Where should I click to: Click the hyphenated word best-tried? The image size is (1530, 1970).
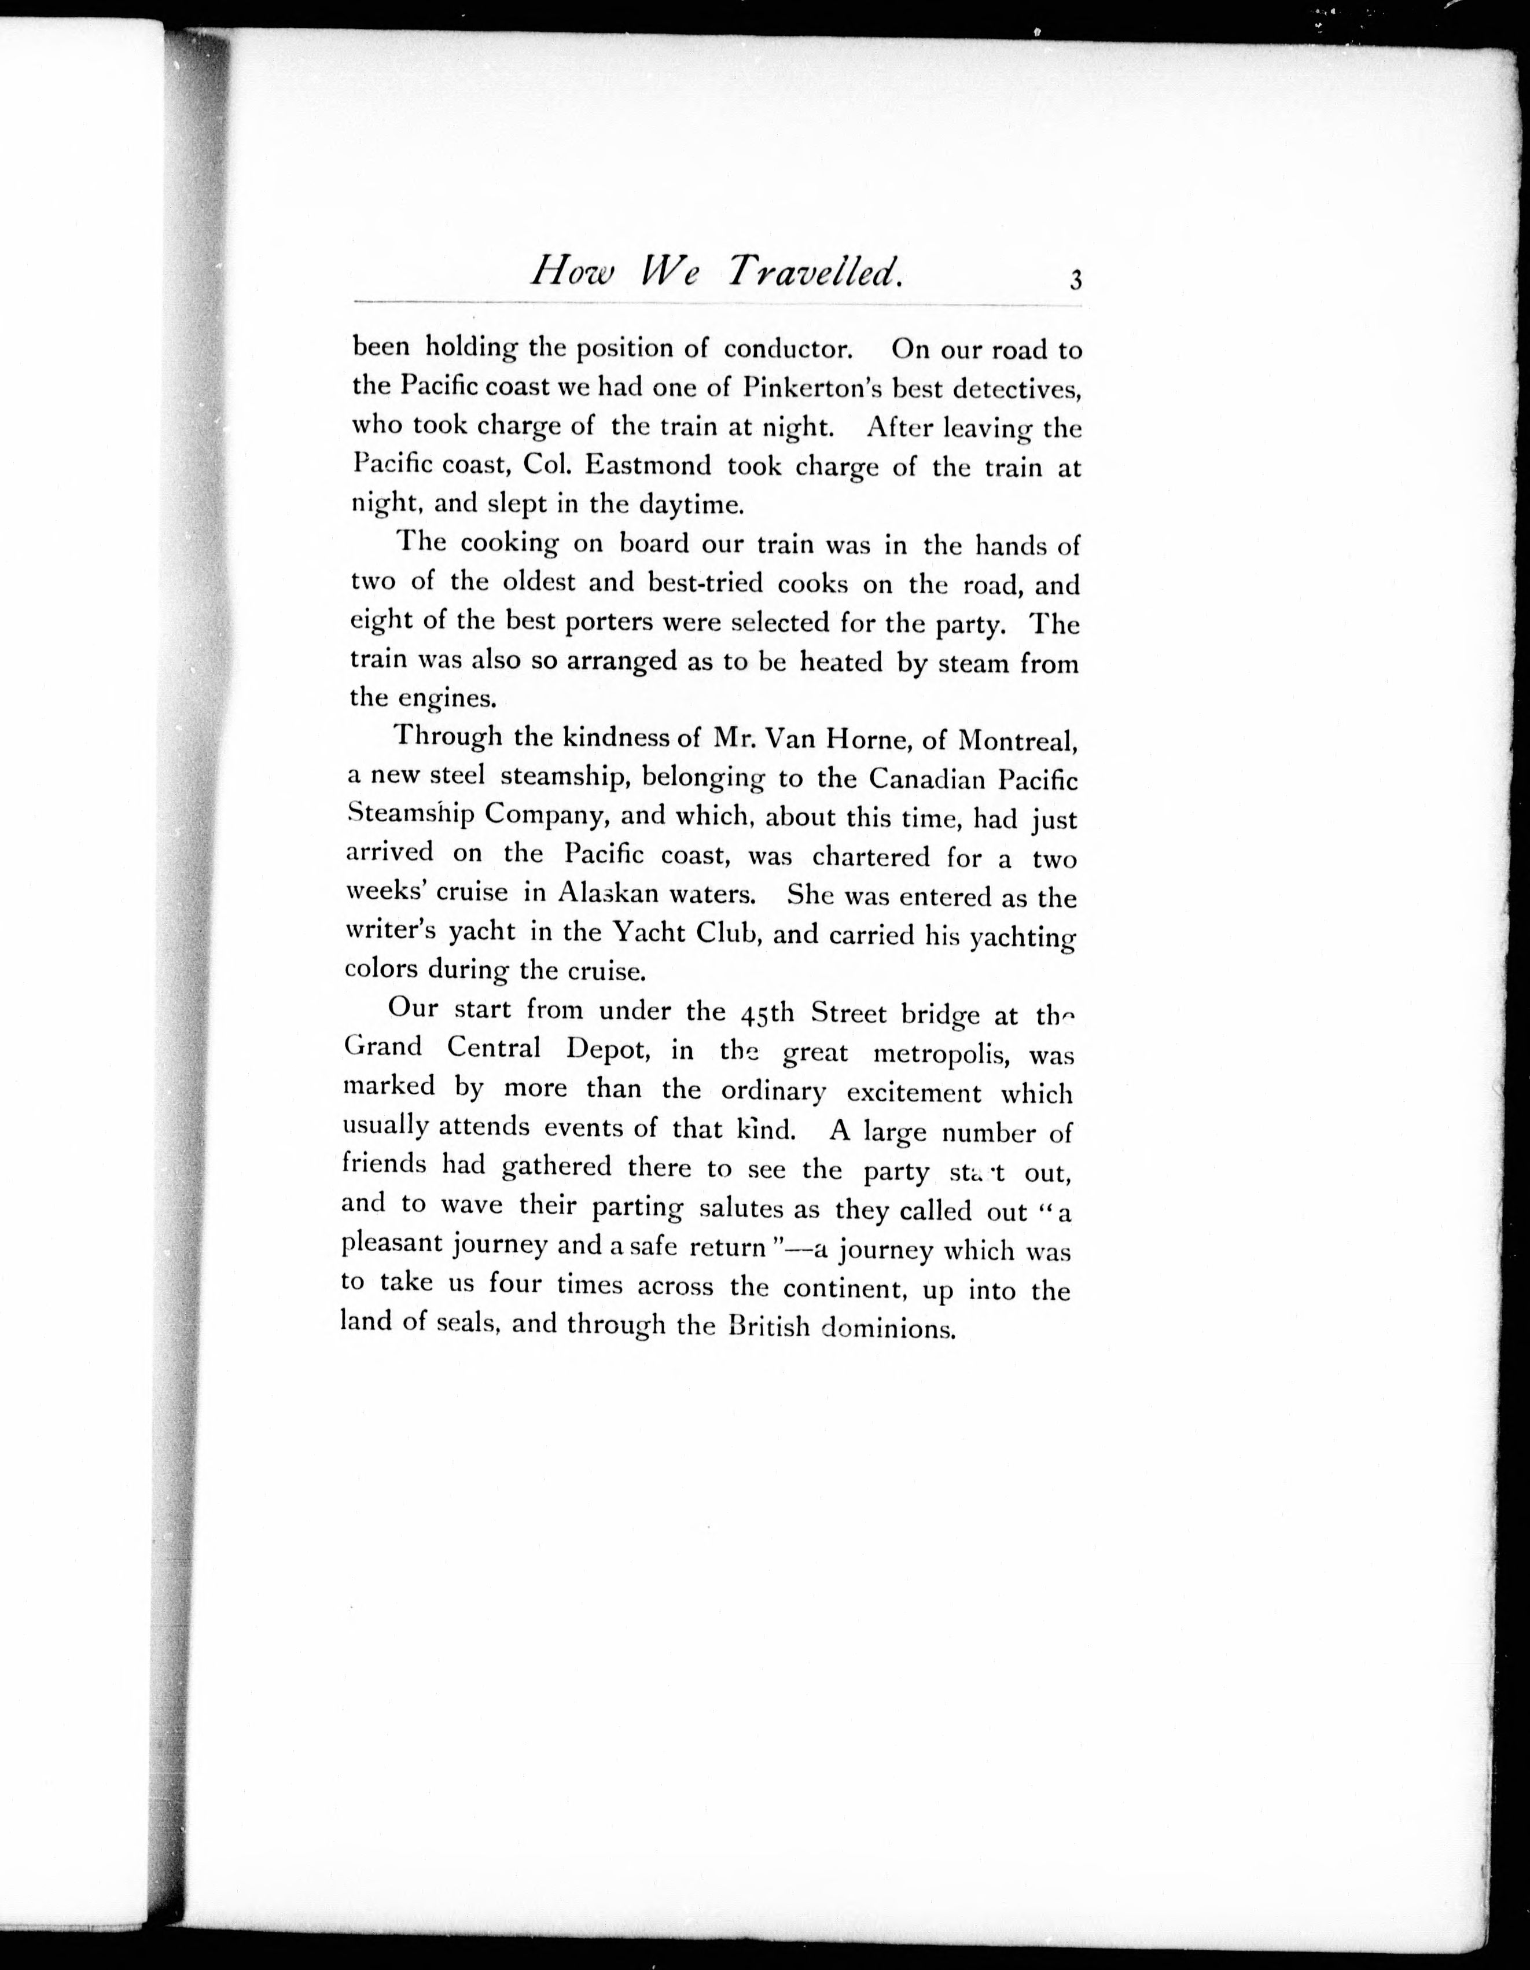tap(705, 583)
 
